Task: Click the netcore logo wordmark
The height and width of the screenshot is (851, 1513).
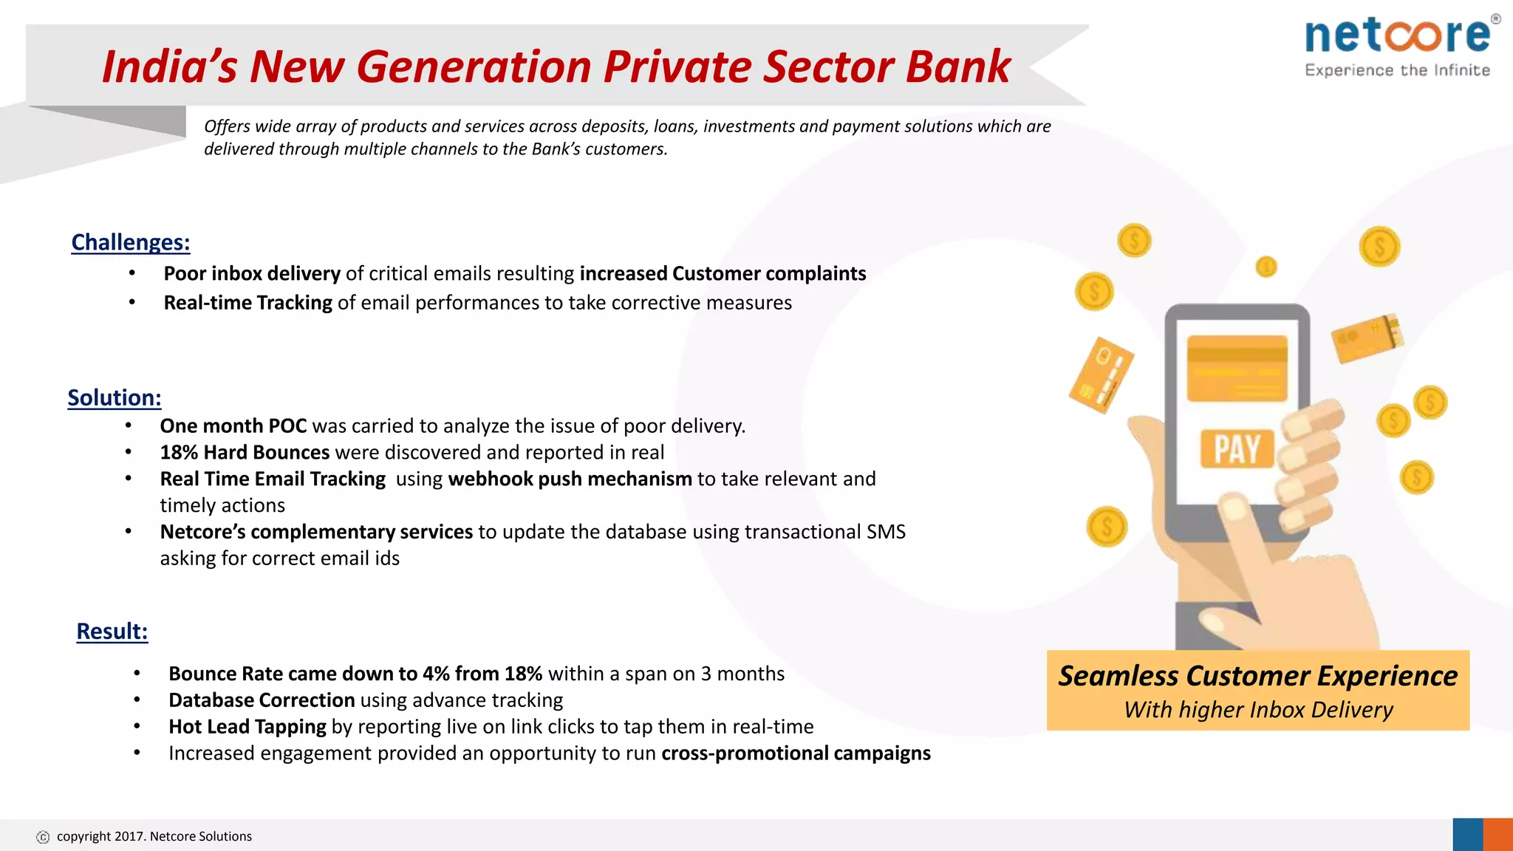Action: tap(1398, 35)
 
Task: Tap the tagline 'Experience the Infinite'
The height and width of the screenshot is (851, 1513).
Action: tap(1397, 70)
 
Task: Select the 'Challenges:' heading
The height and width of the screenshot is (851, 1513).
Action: tap(131, 242)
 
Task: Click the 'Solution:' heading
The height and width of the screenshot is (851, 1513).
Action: tap(115, 397)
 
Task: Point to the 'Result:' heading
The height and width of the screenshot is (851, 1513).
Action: tap(112, 632)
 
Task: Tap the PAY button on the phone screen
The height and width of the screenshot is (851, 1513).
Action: tap(1237, 448)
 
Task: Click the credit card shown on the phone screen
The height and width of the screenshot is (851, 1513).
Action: tap(1237, 367)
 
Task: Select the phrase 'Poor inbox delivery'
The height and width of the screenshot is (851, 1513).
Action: tap(252, 273)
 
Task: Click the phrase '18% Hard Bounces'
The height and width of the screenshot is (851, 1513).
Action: tap(245, 452)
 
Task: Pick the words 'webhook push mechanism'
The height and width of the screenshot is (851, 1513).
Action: tap(570, 479)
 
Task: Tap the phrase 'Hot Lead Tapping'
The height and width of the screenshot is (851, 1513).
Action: tap(247, 727)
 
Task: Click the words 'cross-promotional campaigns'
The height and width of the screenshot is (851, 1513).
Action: tap(796, 753)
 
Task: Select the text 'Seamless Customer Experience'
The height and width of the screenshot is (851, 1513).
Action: tap(1257, 676)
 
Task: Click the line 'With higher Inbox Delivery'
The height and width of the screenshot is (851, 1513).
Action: tap(1257, 710)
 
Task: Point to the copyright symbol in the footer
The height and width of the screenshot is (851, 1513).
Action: tap(43, 837)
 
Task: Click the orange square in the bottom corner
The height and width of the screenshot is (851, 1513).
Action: tap(1498, 835)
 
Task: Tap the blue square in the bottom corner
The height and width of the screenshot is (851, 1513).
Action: tap(1467, 835)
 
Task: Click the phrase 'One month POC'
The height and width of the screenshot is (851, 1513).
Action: tap(233, 426)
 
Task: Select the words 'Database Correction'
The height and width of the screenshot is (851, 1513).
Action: tap(262, 700)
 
